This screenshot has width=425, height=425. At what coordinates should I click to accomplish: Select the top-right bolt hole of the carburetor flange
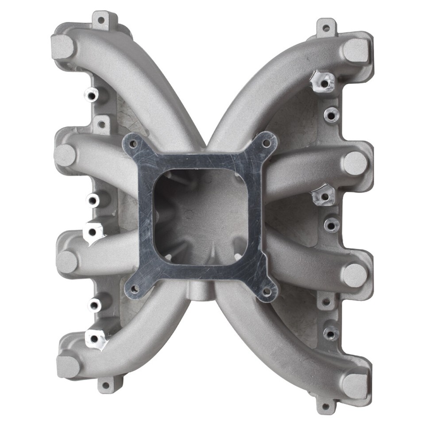tap(266, 143)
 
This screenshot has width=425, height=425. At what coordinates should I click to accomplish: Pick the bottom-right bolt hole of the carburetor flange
tap(266, 292)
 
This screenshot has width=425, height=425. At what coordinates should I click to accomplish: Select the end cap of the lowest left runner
tap(68, 366)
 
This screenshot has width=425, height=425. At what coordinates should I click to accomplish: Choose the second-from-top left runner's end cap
tap(65, 155)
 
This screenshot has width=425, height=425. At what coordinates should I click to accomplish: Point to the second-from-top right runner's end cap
tap(355, 163)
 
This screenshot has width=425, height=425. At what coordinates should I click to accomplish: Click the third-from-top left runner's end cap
tap(67, 262)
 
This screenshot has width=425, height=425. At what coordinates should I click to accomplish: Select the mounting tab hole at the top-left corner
tap(101, 20)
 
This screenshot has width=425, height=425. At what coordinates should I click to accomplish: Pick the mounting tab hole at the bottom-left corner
tap(105, 385)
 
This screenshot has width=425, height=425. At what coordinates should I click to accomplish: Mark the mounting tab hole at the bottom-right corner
tap(326, 406)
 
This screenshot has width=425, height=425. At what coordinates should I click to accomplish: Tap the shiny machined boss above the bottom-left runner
tap(94, 339)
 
